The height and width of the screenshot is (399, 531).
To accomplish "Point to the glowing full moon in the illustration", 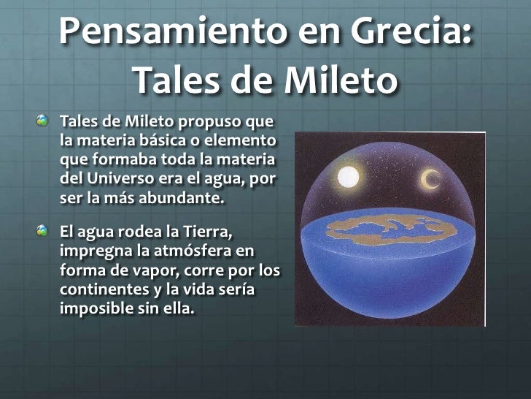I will (349, 177).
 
